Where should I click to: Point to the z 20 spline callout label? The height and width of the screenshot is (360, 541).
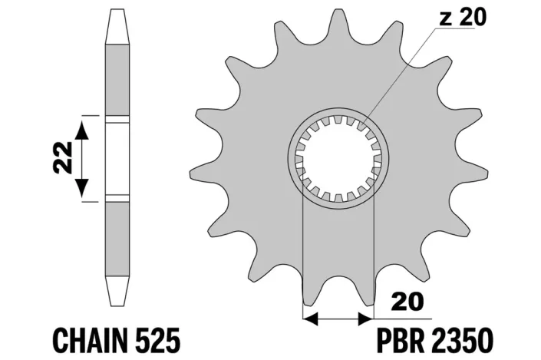tap(463, 17)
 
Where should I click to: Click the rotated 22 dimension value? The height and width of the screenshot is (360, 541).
tap(64, 157)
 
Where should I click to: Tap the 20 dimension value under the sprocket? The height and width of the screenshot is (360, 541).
tap(408, 302)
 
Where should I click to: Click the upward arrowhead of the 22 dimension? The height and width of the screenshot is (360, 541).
tap(82, 130)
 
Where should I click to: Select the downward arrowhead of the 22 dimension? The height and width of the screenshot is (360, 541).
tap(82, 187)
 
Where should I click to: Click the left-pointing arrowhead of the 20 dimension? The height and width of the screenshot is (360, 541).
tap(310, 319)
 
